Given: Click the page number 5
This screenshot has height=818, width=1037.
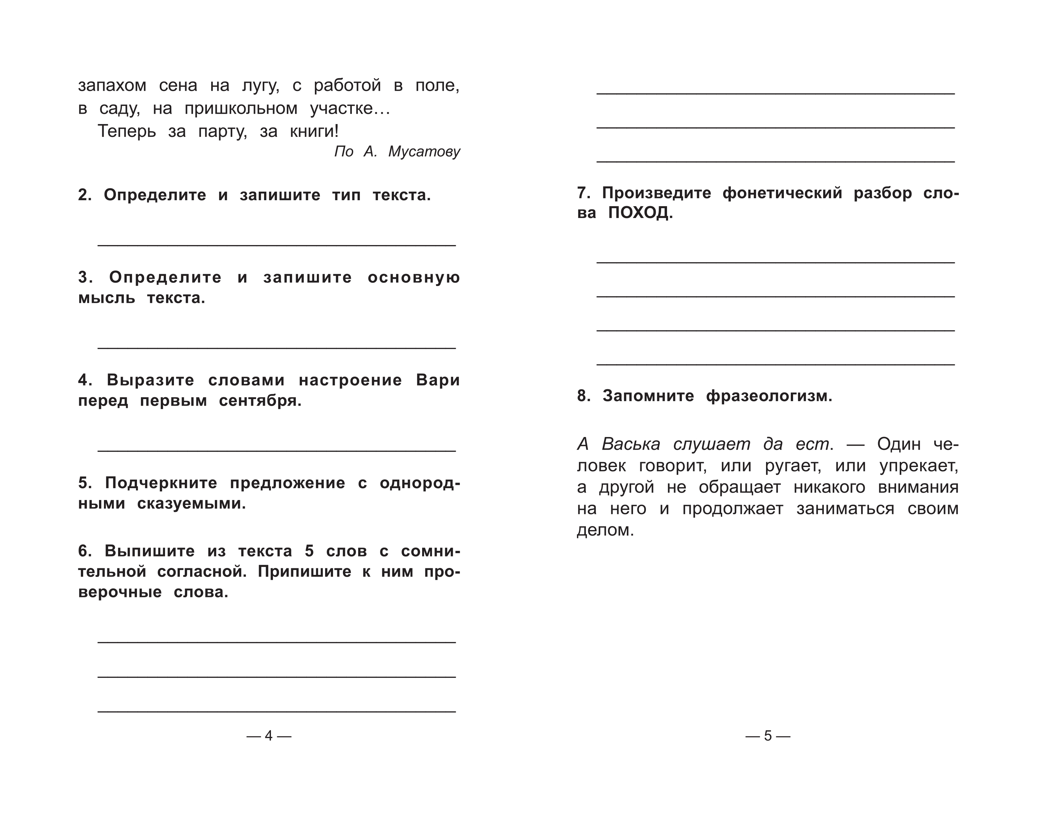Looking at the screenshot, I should (x=768, y=736).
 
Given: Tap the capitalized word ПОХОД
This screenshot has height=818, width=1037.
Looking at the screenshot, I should (x=640, y=213).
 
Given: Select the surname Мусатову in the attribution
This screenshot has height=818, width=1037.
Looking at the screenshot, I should (x=424, y=152).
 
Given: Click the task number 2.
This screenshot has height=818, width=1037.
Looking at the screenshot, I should (x=84, y=195).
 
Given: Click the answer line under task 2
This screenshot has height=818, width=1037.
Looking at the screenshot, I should (x=277, y=245).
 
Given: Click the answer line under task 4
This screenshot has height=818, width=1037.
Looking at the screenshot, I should (x=277, y=451).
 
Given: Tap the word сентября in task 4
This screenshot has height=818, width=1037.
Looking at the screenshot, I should (x=260, y=401).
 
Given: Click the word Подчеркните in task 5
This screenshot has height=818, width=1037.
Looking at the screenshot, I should (x=161, y=483).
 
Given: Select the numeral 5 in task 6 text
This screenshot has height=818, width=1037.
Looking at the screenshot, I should (x=309, y=551).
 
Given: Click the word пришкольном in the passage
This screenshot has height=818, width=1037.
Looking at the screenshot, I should (x=241, y=109).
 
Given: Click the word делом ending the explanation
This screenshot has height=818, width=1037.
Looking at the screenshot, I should (x=605, y=530).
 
